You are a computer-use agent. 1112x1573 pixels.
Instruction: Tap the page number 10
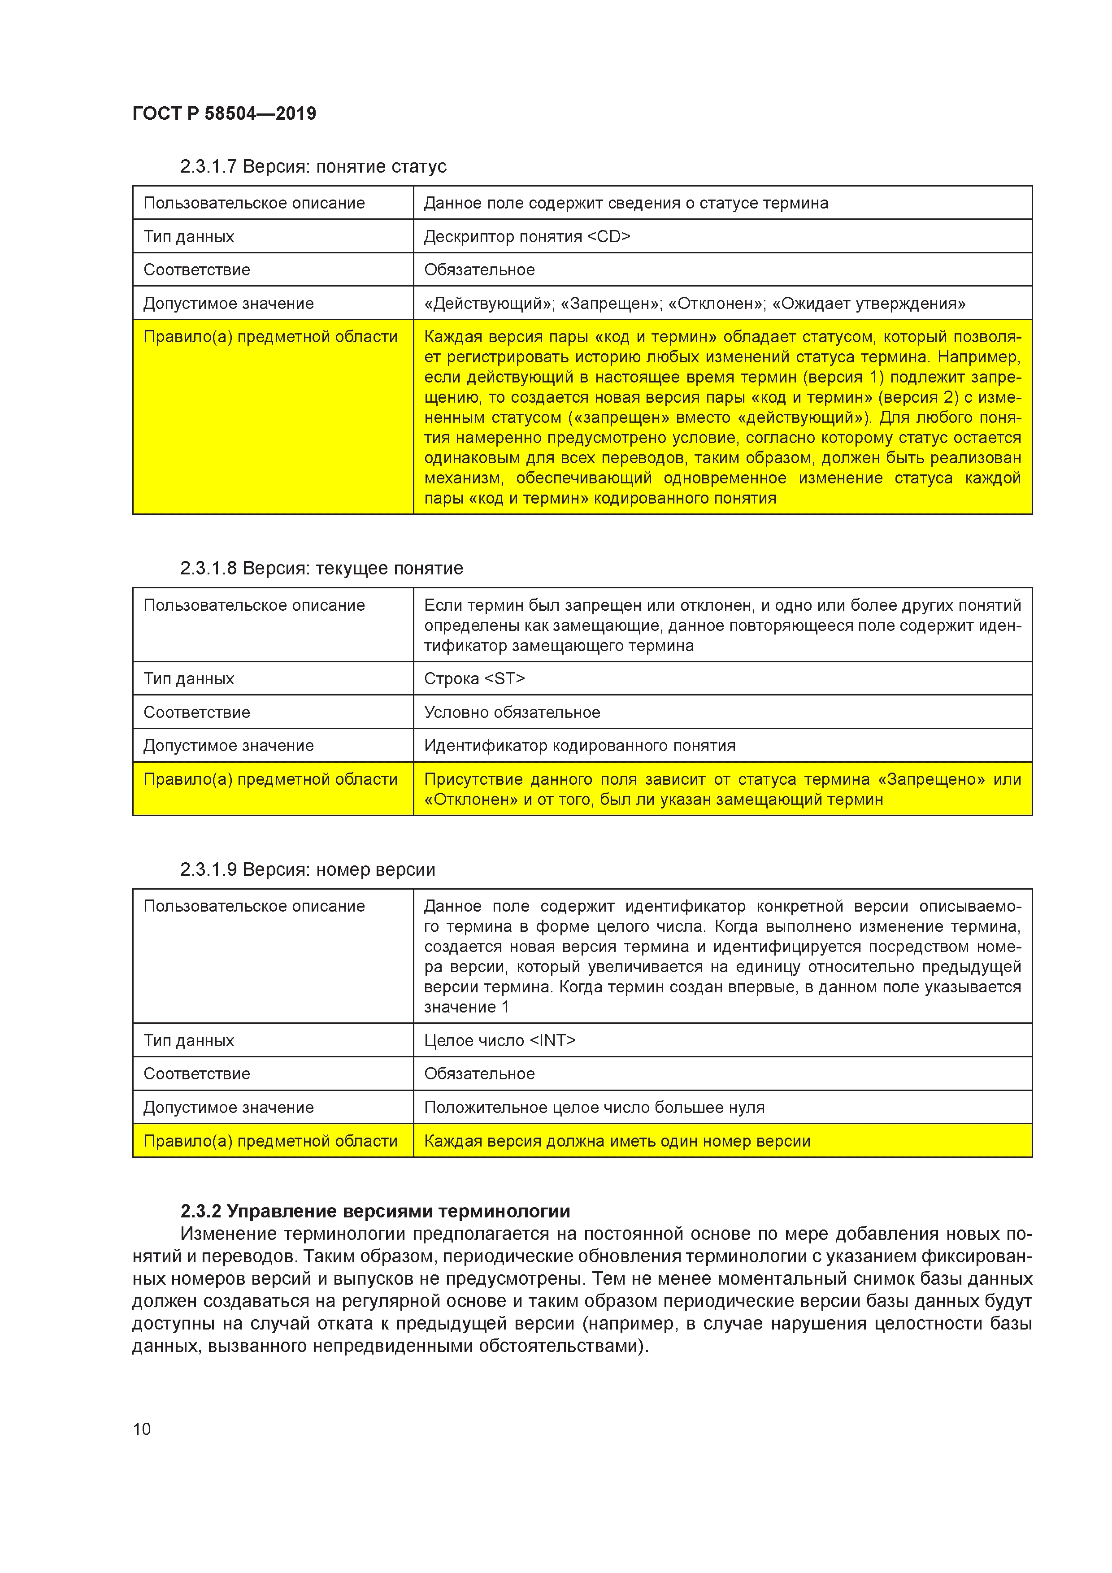pyautogui.click(x=141, y=1429)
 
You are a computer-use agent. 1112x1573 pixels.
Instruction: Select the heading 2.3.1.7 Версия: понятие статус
pyautogui.click(x=313, y=166)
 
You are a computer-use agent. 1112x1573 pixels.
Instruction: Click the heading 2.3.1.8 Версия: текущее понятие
pyautogui.click(x=321, y=568)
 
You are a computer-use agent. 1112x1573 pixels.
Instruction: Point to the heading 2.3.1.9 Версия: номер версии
pyautogui.click(x=308, y=869)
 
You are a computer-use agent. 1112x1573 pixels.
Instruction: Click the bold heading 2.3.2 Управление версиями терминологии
pyautogui.click(x=375, y=1211)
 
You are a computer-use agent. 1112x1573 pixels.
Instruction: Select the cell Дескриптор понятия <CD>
pyautogui.click(x=527, y=236)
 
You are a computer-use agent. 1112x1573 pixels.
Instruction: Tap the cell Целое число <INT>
pyautogui.click(x=500, y=1040)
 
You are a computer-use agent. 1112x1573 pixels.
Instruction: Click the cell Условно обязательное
pyautogui.click(x=512, y=712)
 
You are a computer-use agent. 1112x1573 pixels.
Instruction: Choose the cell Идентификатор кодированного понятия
pyautogui.click(x=580, y=745)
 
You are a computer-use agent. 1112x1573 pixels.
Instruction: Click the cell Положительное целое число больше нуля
pyautogui.click(x=594, y=1107)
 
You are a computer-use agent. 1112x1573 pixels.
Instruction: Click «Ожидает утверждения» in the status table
pyautogui.click(x=869, y=304)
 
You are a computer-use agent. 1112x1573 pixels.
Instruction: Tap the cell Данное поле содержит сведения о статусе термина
pyautogui.click(x=625, y=203)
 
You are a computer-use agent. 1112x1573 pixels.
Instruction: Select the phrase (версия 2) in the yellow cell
pyautogui.click(x=919, y=397)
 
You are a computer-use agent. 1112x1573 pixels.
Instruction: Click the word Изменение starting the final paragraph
pyautogui.click(x=227, y=1234)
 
